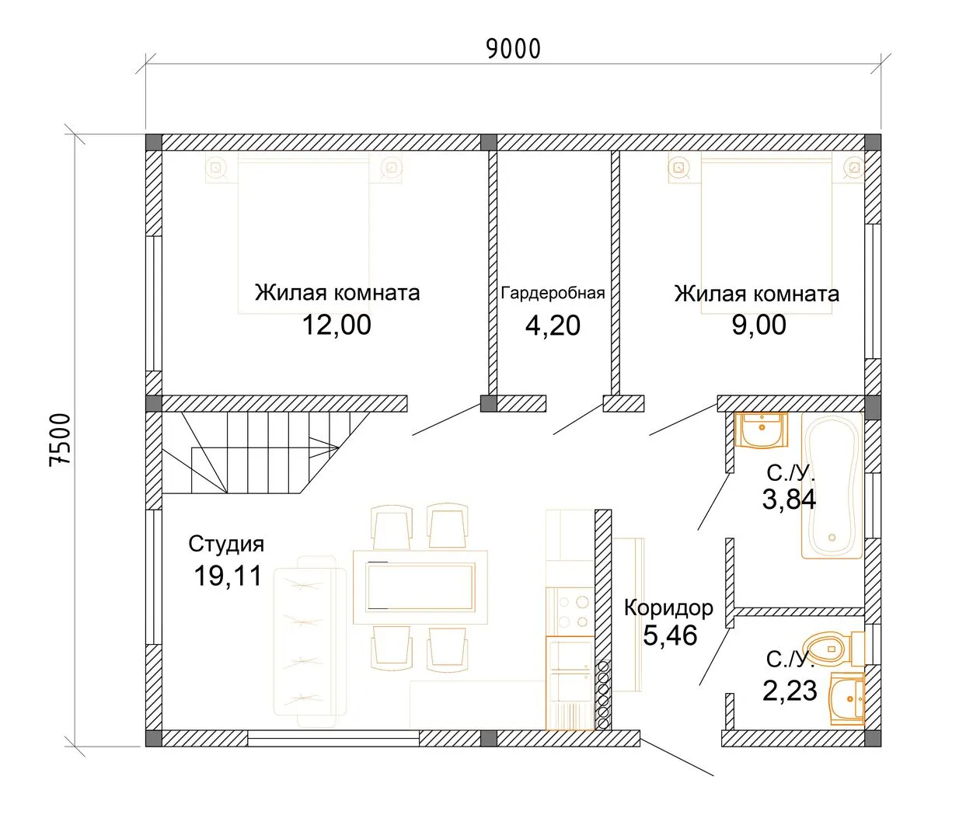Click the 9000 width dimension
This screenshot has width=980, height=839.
pos(514,49)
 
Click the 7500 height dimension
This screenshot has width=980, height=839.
pos(60,440)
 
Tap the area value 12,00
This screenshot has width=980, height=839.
pos(337,326)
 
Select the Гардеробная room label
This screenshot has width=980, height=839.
pos(553,293)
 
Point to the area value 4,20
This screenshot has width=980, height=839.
pos(553,326)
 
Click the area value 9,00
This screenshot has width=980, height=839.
pos(759,325)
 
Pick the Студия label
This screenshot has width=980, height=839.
pos(226,544)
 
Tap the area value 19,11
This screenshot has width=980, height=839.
pos(228,576)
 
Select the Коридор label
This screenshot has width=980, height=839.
pos(668,607)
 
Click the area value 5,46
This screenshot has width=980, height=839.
pos(670,635)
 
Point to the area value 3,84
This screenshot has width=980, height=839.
pos(789,500)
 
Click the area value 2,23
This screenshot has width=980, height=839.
pos(790,691)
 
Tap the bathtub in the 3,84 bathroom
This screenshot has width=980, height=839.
pos(832,486)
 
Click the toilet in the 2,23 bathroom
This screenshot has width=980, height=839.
pos(834,648)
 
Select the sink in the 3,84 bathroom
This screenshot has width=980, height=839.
pos(762,430)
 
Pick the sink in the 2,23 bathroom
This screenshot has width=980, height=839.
pos(847,698)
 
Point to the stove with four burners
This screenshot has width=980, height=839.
pos(570,612)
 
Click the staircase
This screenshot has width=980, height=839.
pos(266,453)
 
